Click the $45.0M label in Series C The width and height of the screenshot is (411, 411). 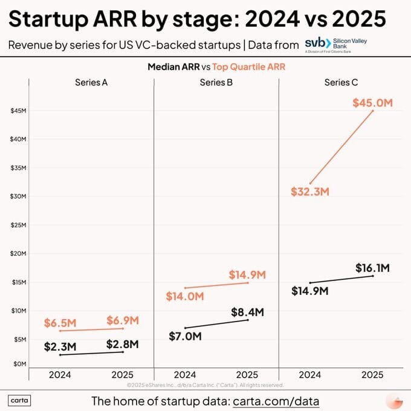(372, 103)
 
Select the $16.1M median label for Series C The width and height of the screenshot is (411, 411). (372, 268)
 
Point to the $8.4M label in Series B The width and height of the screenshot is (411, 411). (248, 312)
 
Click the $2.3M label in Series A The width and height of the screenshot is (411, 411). (60, 347)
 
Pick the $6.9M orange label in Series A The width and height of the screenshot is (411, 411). (123, 320)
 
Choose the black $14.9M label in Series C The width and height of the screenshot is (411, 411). (310, 291)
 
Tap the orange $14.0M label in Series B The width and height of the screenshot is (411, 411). (185, 296)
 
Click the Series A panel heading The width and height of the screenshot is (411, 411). (91, 83)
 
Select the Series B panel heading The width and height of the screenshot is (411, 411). (216, 83)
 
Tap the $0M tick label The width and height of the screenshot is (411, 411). (19, 363)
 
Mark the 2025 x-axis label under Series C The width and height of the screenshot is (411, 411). (372, 375)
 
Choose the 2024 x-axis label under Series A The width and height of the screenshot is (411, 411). (60, 375)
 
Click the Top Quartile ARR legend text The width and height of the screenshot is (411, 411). (248, 67)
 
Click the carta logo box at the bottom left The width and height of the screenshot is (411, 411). (20, 401)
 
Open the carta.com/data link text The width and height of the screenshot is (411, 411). (276, 401)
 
